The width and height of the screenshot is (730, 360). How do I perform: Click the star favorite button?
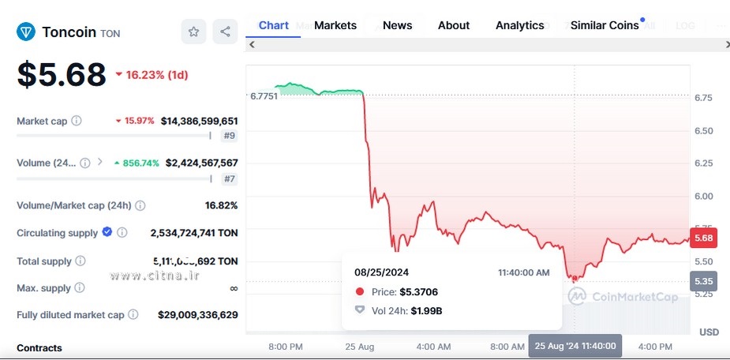pos(193,32)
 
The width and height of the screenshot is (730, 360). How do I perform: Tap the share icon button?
pos(225,32)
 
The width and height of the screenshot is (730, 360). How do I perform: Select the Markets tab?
pos(335,25)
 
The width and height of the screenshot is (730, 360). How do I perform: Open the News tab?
pos(397,25)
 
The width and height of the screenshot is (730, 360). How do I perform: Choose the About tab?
pos(454,25)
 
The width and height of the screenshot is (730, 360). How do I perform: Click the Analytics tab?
pos(519,25)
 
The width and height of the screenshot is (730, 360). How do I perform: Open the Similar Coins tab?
pos(605,25)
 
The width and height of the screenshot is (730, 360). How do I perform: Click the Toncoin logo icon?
pos(26,32)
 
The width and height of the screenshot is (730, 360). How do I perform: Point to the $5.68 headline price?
pos(62,75)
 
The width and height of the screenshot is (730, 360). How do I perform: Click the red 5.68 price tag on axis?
pos(704,238)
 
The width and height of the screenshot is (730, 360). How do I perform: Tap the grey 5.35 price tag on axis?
pos(704,281)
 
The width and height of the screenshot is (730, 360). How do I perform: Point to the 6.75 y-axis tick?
pos(703,98)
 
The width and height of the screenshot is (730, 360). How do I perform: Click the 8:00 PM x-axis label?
pos(286,347)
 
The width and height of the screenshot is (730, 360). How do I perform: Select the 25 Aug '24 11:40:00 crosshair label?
pos(575,347)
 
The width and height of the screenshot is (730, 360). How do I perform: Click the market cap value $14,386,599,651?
pos(199,121)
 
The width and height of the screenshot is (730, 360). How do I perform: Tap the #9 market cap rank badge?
pos(229,136)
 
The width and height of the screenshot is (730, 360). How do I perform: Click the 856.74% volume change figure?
pos(140,163)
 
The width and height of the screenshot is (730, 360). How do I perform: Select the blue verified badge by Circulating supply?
pos(107,232)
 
